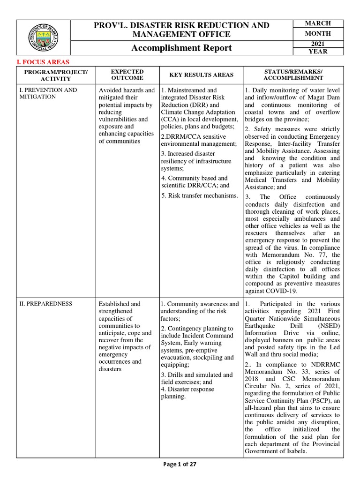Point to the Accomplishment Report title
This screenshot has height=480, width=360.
(181, 48)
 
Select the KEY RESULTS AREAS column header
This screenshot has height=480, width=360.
(201, 75)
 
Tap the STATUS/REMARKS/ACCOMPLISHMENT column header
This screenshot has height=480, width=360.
(293, 75)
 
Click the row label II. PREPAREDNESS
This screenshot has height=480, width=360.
(46, 304)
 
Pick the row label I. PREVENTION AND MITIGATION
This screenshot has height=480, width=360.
(48, 93)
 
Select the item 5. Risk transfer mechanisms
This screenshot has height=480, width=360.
(199, 195)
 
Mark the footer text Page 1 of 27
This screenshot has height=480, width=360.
(180, 464)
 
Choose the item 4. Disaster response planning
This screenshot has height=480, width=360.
(187, 393)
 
